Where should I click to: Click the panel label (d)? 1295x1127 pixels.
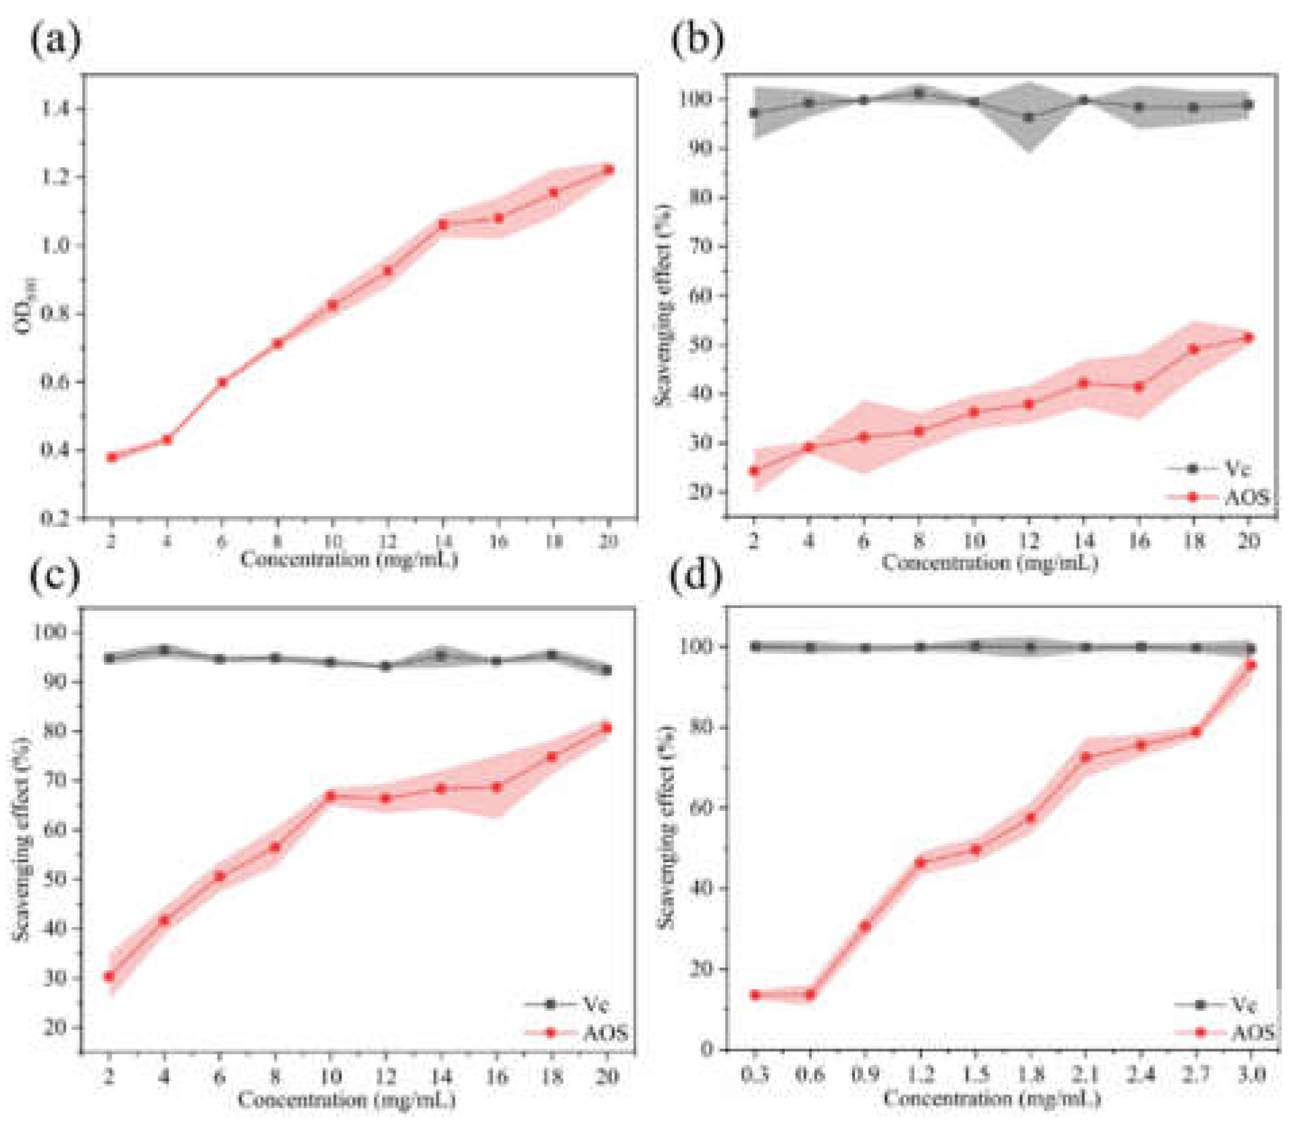696,575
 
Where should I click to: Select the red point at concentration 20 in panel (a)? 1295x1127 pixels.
608,170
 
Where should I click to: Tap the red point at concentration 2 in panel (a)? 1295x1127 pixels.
112,457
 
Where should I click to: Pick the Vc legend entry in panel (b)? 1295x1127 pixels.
1217,468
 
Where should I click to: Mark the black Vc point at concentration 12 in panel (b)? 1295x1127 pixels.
1029,117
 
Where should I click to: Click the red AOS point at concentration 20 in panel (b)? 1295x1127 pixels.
1248,337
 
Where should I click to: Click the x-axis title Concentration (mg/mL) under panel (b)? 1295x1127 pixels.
989,562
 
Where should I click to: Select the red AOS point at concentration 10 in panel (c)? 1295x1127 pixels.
330,796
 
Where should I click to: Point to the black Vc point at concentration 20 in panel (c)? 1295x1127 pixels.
606,670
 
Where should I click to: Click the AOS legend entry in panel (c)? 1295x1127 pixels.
578,1032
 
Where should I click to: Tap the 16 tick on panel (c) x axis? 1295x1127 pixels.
496,1075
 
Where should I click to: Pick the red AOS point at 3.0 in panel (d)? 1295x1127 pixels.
1250,666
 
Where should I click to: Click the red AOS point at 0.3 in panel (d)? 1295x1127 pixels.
756,995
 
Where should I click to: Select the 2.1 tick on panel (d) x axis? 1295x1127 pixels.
1085,1074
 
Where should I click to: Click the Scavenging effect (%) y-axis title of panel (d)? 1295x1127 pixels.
666,827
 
